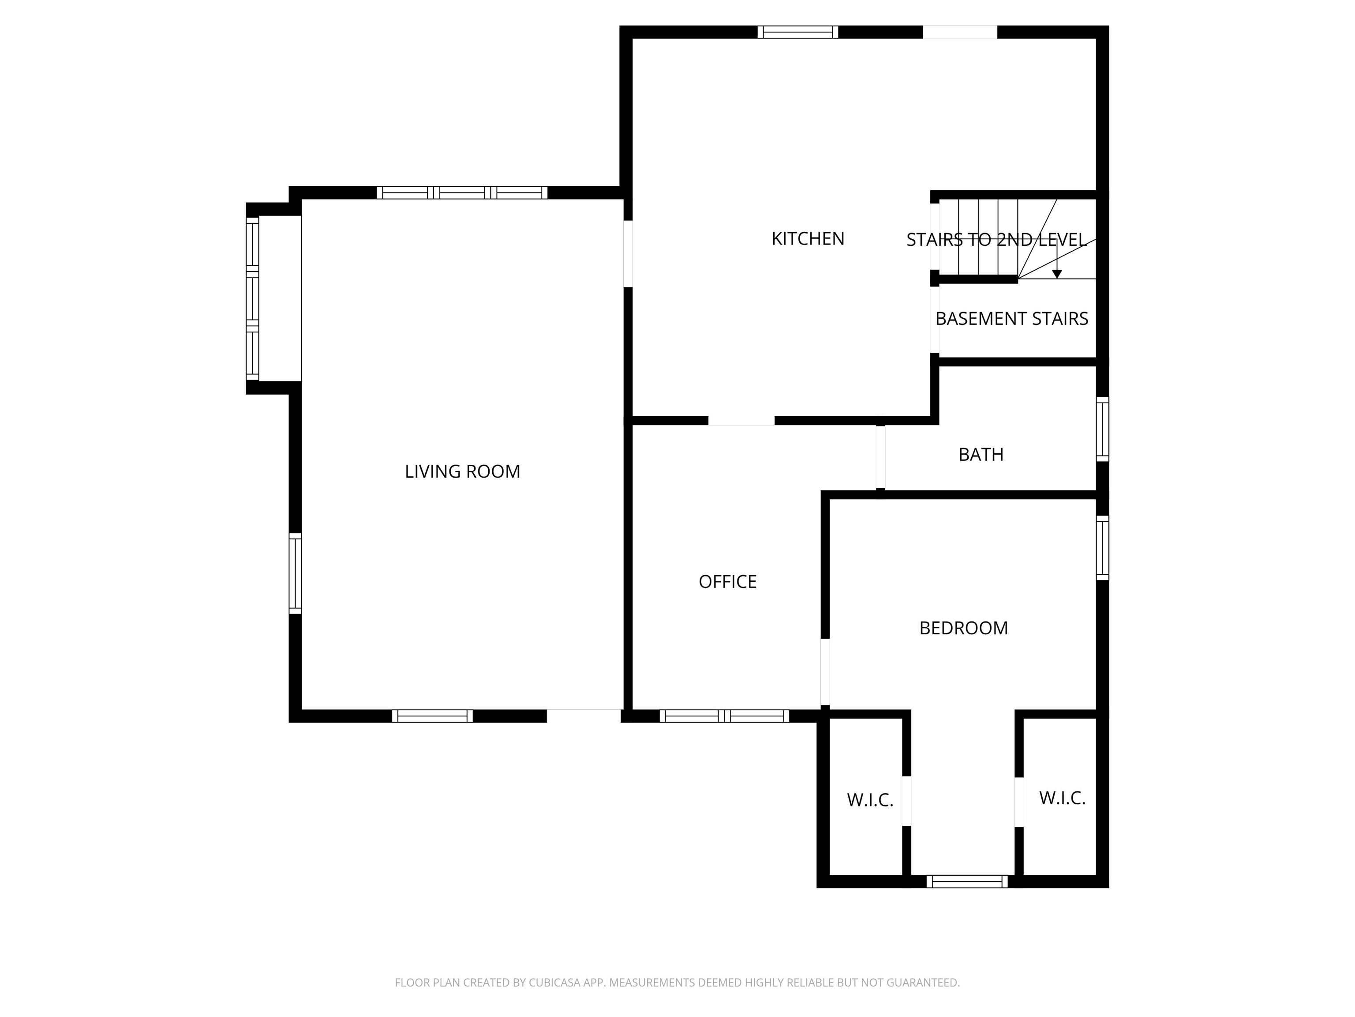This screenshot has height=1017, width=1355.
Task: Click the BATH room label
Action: pos(980,454)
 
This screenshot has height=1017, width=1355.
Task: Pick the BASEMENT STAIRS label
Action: pos(1011,319)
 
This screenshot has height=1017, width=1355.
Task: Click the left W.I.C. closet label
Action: pos(870,800)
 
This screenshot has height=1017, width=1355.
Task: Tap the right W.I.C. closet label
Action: pos(1062,798)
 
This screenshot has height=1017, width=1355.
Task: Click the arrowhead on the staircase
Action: pos(1057,274)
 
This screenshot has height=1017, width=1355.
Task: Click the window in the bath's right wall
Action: pos(1102,429)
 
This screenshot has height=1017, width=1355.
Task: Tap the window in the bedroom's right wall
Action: pos(1102,547)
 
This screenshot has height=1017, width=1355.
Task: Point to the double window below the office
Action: pos(724,716)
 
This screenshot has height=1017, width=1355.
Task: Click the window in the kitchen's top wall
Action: pos(797,32)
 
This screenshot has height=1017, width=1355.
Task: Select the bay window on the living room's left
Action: pos(252,298)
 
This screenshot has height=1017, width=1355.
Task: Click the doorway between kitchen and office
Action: pos(741,421)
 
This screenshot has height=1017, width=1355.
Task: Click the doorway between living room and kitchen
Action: pos(628,253)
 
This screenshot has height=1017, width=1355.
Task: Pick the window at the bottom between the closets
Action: pos(967,881)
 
